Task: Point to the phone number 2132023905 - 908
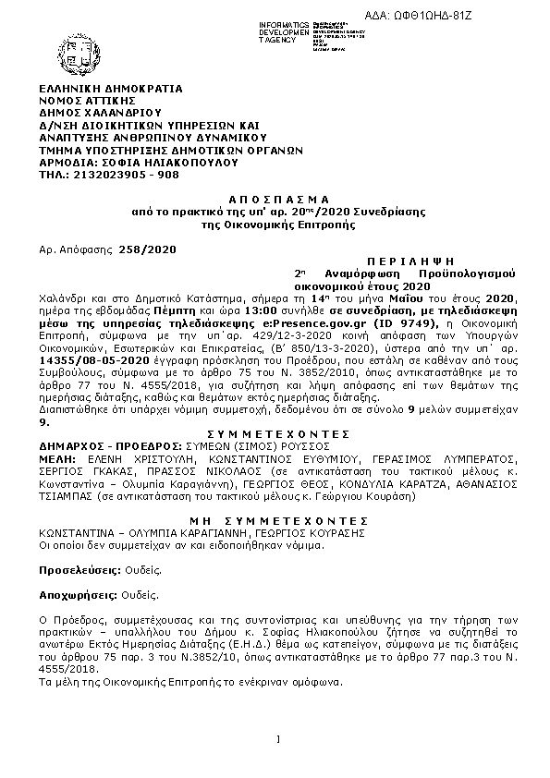(x=126, y=172)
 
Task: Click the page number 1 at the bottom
(x=277, y=737)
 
